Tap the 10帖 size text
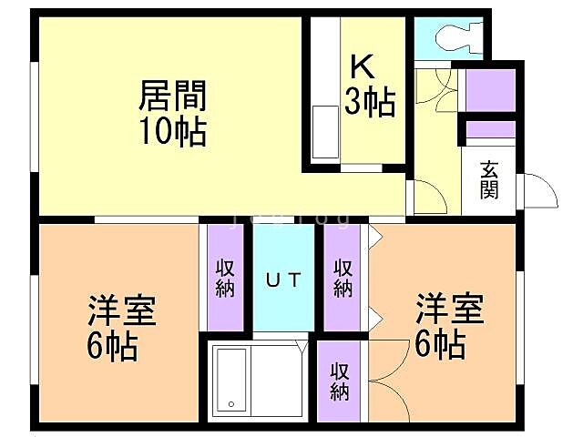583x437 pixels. (172, 133)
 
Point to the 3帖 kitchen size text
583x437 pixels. (370, 103)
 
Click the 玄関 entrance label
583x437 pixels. (490, 179)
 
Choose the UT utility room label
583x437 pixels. (283, 279)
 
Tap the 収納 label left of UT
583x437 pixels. (225, 279)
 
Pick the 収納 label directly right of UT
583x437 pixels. (343, 278)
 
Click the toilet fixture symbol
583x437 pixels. (453, 36)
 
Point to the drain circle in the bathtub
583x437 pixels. (231, 403)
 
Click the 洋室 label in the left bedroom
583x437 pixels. (123, 310)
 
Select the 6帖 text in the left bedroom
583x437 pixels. (114, 347)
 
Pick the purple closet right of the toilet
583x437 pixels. (491, 88)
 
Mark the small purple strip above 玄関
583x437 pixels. (491, 130)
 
